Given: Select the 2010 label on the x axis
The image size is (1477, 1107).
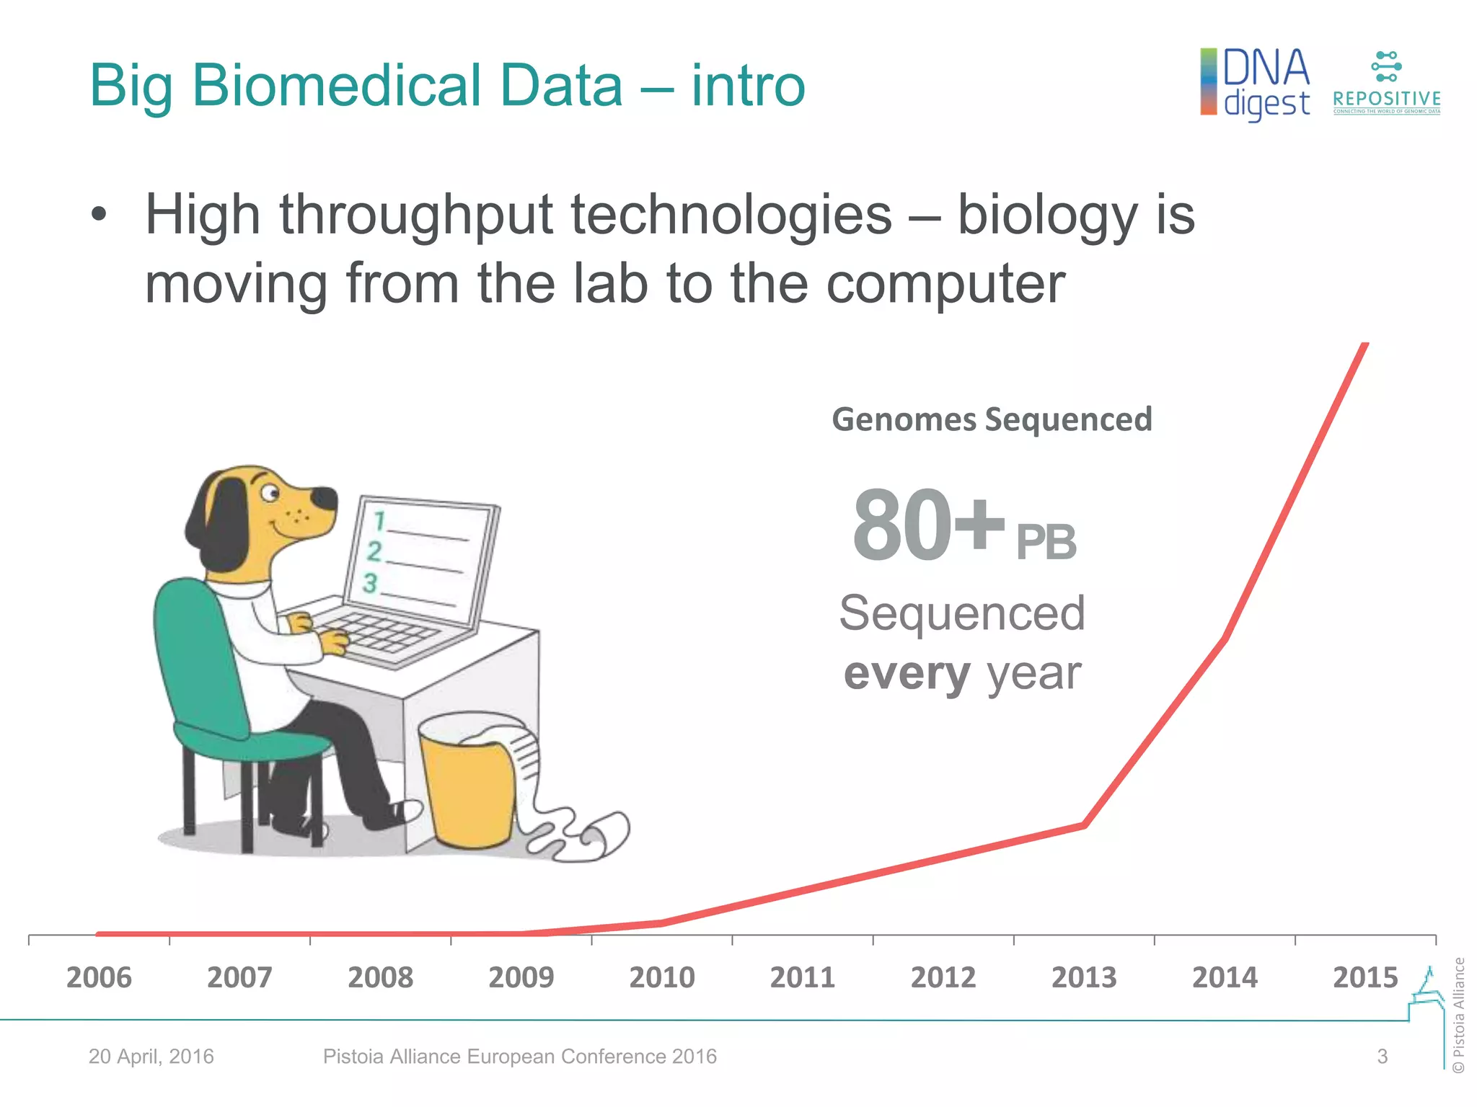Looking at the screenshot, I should [661, 978].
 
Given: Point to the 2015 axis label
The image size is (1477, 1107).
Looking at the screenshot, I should [1364, 978].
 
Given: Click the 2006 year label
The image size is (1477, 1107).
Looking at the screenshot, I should [99, 978].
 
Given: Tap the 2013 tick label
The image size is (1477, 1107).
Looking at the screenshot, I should [1083, 978].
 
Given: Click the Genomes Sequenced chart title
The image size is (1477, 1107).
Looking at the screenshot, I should [992, 419].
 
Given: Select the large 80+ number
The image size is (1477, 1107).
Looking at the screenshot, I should [927, 525].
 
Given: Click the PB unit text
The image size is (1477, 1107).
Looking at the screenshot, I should [1046, 542].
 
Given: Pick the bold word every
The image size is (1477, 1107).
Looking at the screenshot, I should [907, 674].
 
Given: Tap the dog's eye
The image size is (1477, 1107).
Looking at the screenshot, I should [270, 493].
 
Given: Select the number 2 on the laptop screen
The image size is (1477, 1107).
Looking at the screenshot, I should [374, 551].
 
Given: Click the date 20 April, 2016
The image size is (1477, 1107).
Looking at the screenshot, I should [151, 1057].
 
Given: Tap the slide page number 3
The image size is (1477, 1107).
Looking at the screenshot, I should [1382, 1057].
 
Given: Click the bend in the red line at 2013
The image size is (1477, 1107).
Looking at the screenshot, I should [1084, 825].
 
